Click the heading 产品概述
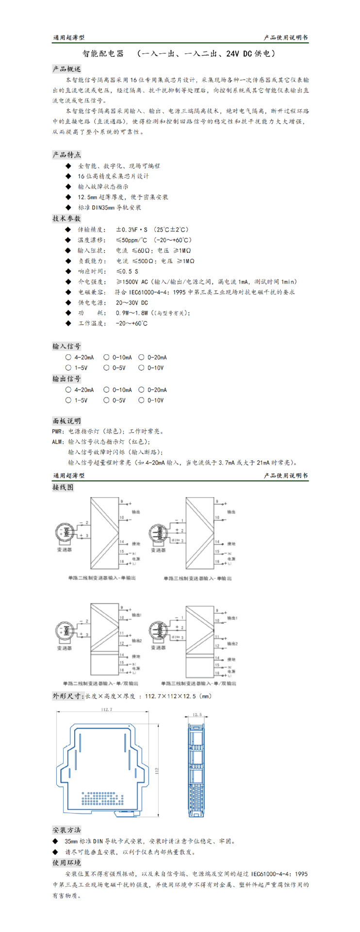click(x=67, y=69)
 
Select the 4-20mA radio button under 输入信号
click(x=68, y=357)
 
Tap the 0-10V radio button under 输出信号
click(x=142, y=400)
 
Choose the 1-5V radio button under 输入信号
click(x=68, y=368)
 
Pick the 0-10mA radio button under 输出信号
click(x=106, y=390)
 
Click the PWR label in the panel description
click(x=58, y=432)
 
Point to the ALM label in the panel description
click(x=58, y=442)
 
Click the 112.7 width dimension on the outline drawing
click(x=107, y=709)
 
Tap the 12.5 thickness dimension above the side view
click(x=197, y=715)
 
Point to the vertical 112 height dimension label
click(x=157, y=770)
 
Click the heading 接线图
click(x=63, y=487)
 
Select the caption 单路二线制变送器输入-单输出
click(x=102, y=578)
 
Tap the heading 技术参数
click(x=67, y=218)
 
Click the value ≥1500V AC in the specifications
click(x=132, y=282)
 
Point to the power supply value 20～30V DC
click(x=132, y=303)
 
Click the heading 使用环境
click(x=67, y=863)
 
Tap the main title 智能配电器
click(x=103, y=54)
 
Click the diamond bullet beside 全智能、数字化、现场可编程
click(x=68, y=166)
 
